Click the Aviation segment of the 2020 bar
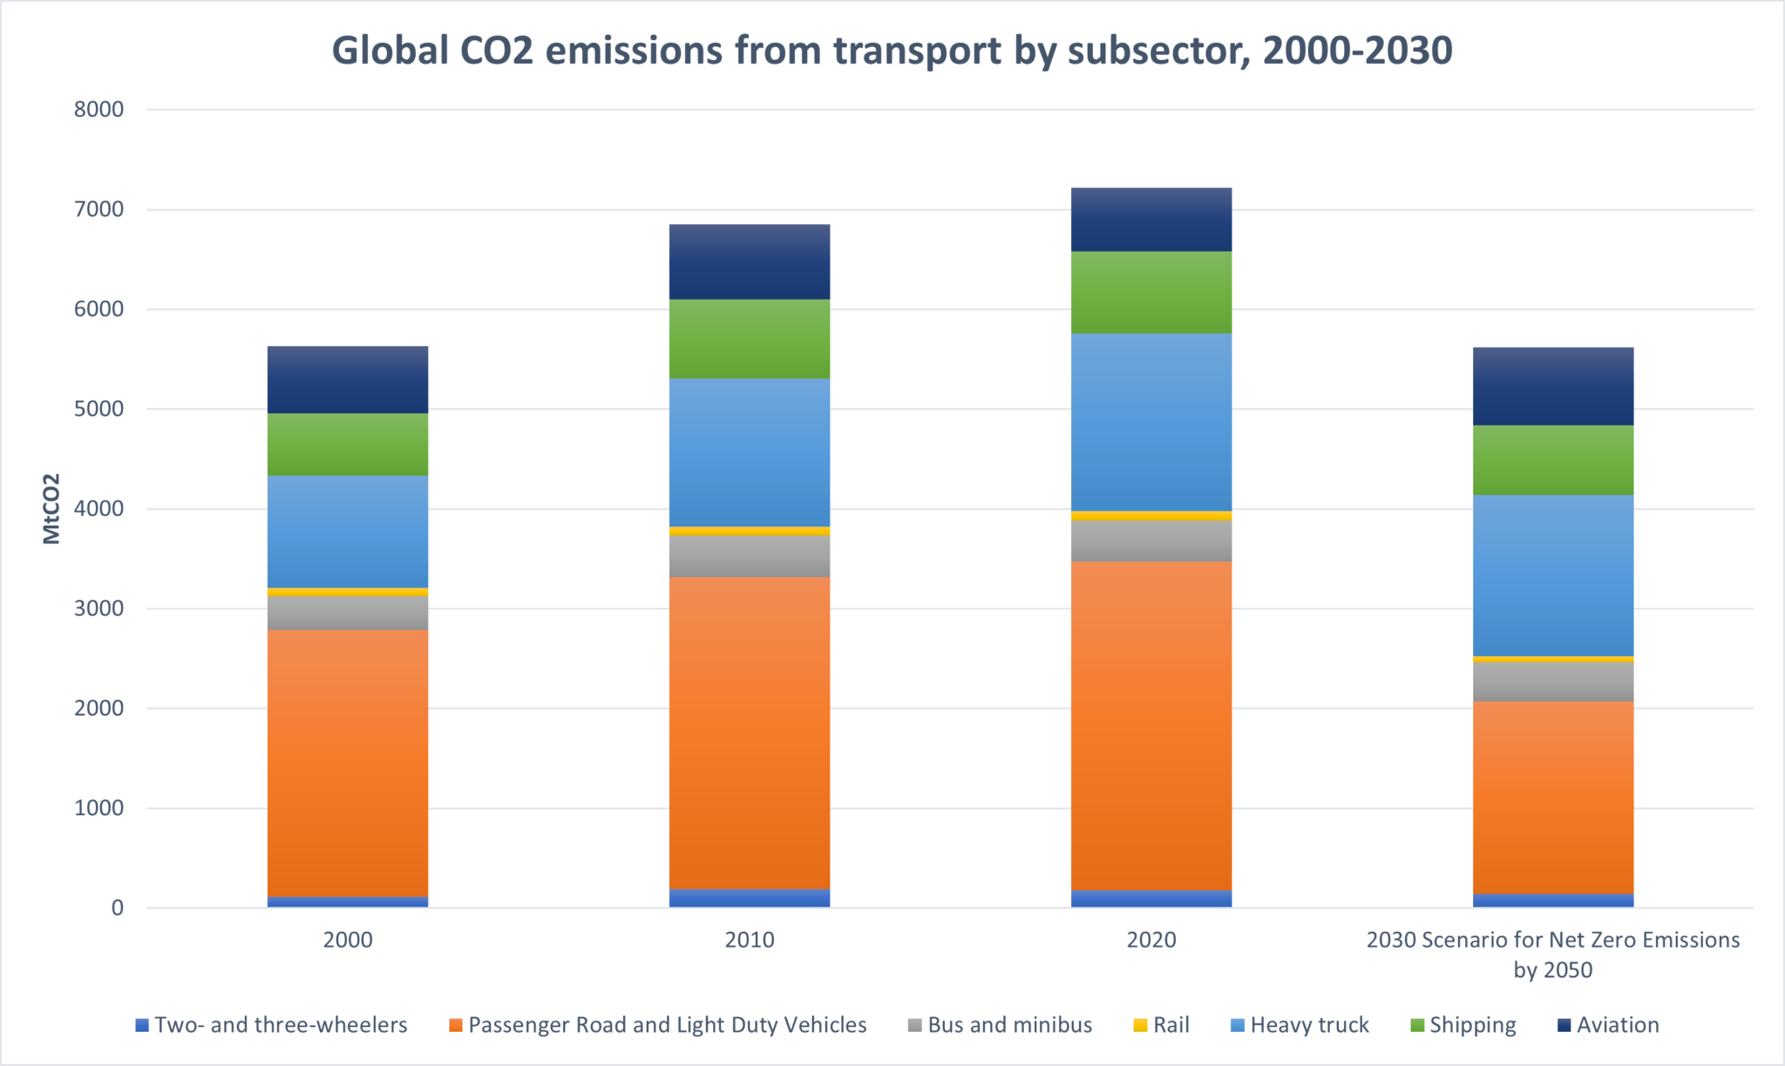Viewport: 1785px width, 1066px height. coord(1150,220)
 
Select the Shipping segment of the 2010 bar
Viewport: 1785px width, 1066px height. coord(749,339)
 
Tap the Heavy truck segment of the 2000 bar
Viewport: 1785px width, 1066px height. coord(347,531)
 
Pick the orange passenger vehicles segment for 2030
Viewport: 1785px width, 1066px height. coord(1552,798)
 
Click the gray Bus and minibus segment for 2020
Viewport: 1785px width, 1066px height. coord(1150,541)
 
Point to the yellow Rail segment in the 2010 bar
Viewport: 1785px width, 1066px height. coord(749,531)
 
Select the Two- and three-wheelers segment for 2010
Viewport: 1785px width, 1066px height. coord(749,899)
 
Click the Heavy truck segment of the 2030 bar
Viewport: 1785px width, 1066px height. coord(1552,575)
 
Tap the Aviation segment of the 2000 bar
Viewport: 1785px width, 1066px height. coord(347,380)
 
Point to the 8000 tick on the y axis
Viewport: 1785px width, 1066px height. coord(99,110)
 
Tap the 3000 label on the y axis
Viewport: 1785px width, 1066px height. coord(99,608)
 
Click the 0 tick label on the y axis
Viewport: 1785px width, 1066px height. coord(117,908)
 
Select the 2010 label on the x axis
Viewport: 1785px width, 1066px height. coord(749,940)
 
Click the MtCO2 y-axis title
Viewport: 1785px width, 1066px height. coord(52,509)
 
